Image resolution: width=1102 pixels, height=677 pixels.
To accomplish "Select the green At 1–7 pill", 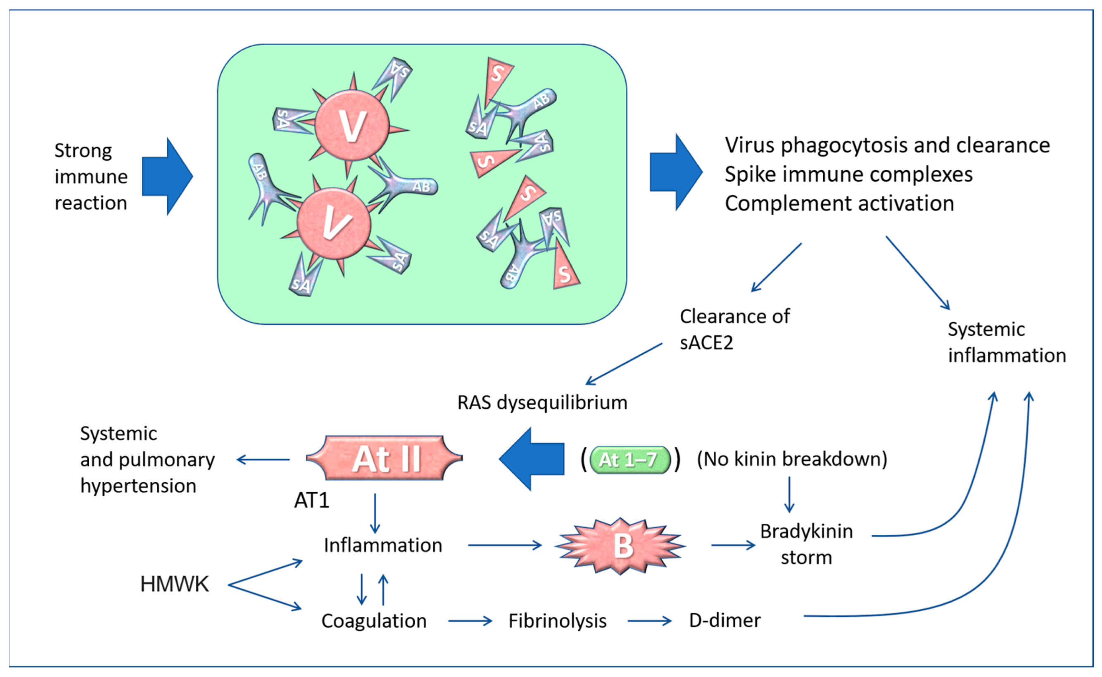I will (629, 460).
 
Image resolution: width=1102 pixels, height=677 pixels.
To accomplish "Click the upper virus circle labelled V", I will (352, 126).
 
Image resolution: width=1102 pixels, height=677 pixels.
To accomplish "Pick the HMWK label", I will (174, 584).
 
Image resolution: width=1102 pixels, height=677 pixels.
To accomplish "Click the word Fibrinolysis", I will (557, 621).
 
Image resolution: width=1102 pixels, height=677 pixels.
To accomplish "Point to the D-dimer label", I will (724, 620).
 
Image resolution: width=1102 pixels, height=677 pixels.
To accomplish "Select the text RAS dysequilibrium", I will (542, 403).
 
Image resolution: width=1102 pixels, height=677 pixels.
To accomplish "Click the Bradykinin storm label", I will (807, 544).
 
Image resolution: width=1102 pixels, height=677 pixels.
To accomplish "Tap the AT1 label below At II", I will (311, 500).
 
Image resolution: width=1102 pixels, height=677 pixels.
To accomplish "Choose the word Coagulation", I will (374, 621).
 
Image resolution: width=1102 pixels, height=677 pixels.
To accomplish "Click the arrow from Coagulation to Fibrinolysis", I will (470, 621).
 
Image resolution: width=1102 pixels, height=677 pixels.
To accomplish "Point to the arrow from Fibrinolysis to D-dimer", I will (649, 621).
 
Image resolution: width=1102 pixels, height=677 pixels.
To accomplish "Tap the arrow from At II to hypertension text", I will (263, 459).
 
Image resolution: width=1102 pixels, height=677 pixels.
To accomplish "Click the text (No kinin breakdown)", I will (792, 459).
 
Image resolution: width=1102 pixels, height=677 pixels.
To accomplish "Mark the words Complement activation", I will (839, 203).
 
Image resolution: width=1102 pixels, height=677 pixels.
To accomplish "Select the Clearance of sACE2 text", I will (734, 330).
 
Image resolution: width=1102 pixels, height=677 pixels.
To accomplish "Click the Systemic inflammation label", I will (1006, 342).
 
